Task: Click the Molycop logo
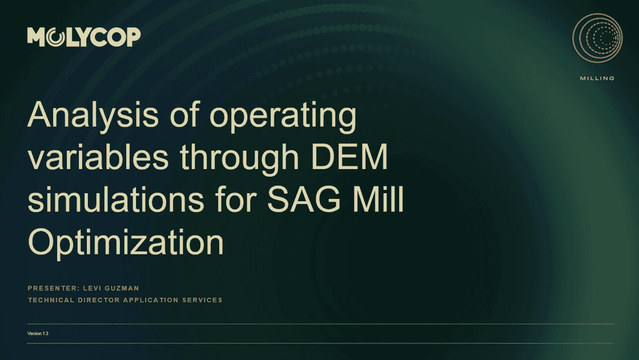click(x=84, y=37)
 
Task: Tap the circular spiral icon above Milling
click(x=597, y=39)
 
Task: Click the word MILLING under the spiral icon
click(x=597, y=78)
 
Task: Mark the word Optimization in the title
click(x=126, y=242)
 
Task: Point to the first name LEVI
click(x=94, y=288)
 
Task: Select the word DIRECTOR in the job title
click(x=98, y=300)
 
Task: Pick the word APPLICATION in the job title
click(x=151, y=300)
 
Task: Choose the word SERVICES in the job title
click(x=202, y=300)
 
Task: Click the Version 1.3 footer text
click(x=38, y=333)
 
